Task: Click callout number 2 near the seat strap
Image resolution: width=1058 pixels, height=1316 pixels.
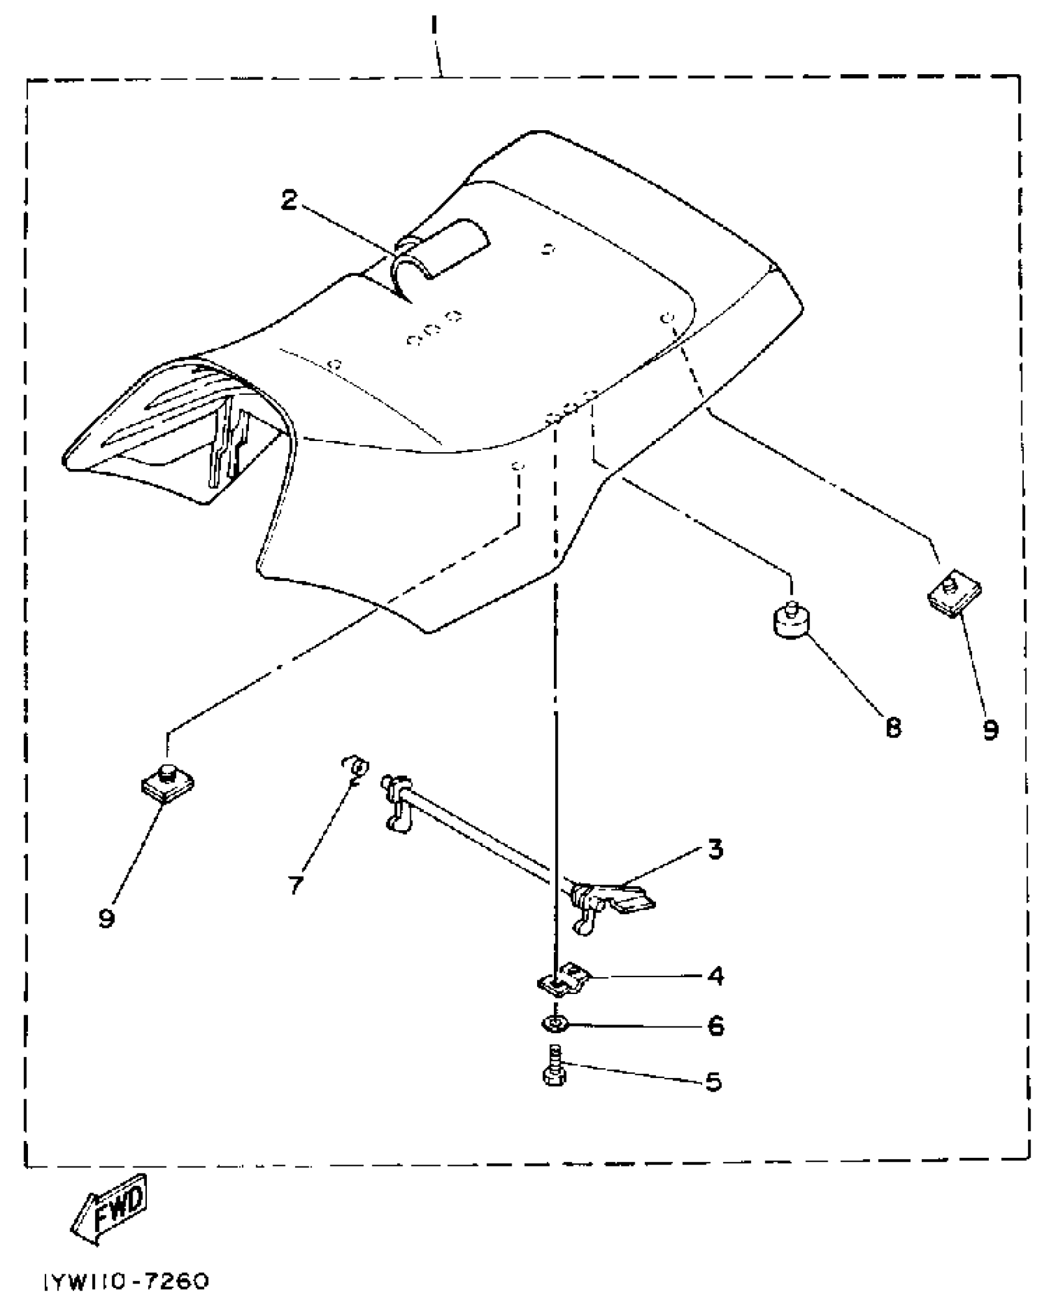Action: click(289, 200)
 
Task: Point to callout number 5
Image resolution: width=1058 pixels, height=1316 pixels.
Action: click(713, 1082)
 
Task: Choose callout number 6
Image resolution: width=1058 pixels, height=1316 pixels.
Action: click(716, 1025)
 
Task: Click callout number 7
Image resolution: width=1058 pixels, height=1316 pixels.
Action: click(296, 884)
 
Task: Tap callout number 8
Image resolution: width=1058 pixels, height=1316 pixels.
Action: click(893, 727)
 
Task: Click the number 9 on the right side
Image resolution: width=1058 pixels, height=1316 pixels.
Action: click(991, 729)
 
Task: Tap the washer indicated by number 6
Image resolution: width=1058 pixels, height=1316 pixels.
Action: click(553, 1023)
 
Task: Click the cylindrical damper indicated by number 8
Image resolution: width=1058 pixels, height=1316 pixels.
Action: click(791, 620)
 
